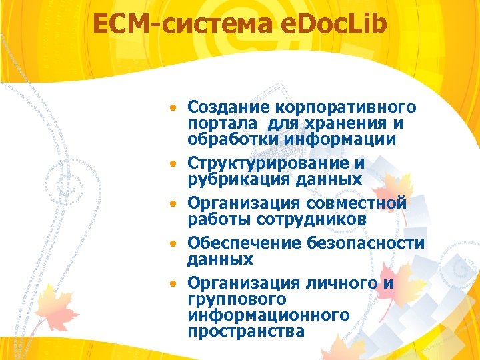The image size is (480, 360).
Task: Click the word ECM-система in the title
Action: [181, 25]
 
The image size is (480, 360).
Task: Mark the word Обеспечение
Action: [245, 243]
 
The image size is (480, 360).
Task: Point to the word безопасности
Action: [366, 243]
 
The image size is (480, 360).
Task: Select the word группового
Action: [237, 299]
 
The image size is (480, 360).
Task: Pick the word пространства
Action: [246, 331]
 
